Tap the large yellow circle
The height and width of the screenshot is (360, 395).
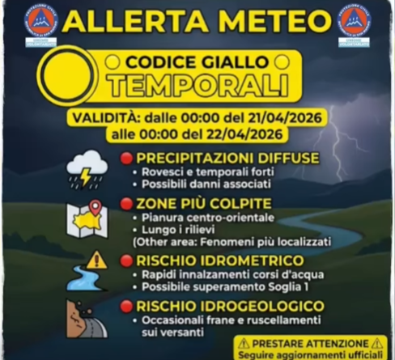click(x=68, y=74)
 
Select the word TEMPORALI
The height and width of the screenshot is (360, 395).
click(x=199, y=83)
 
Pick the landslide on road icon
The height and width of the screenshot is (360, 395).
click(x=87, y=320)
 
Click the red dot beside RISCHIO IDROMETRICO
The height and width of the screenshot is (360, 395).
click(x=126, y=260)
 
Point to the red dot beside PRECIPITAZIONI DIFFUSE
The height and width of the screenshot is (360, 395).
click(x=126, y=157)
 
